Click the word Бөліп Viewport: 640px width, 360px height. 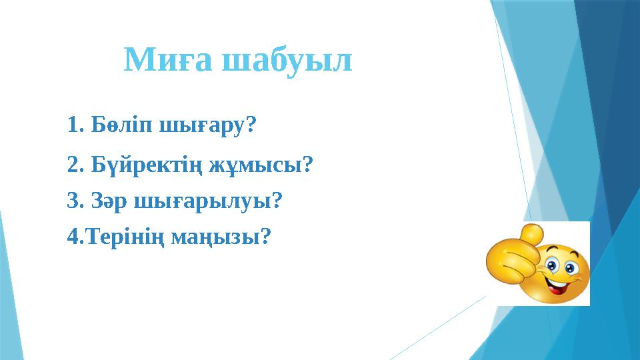(x=122, y=125)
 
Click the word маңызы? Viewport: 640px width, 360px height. (x=221, y=237)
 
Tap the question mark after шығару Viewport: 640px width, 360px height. (x=251, y=125)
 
